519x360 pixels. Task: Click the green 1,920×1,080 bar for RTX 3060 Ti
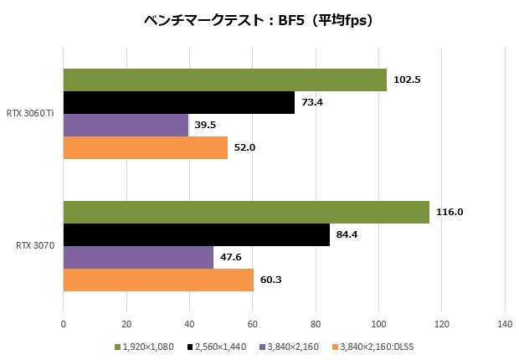tap(224, 80)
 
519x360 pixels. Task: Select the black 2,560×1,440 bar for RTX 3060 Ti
tap(178, 102)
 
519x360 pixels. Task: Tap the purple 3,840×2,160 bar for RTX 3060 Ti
tap(126, 125)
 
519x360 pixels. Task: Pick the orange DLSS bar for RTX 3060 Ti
tap(145, 147)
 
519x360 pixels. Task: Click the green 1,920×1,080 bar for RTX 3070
tap(246, 212)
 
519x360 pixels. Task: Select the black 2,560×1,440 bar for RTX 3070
tap(196, 234)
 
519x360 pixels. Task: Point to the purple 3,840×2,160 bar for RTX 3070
tap(138, 257)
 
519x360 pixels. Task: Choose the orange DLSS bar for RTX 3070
tap(158, 280)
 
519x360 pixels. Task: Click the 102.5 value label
tap(406, 80)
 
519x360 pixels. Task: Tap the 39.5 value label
tap(206, 125)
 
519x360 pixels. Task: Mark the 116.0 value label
tap(450, 212)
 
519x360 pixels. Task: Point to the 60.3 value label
tap(269, 280)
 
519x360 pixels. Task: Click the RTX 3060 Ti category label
tap(30, 113)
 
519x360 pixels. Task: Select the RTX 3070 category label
tap(35, 246)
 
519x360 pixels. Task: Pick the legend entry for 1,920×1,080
tap(146, 346)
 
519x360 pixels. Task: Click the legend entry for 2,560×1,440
tap(220, 346)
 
